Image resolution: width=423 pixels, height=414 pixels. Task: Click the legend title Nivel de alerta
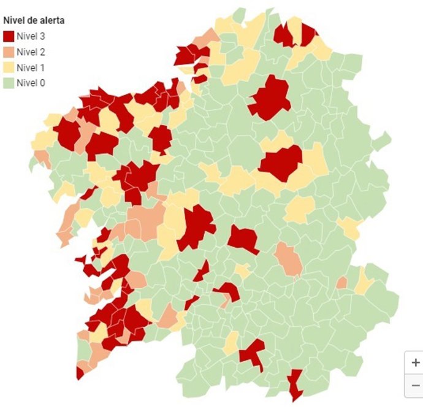34,20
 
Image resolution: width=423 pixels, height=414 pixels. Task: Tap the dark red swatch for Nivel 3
9,36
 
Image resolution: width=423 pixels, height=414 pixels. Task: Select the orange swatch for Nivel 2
9,52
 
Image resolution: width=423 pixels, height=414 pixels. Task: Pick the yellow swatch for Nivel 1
9,67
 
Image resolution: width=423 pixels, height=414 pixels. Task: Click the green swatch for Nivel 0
9,82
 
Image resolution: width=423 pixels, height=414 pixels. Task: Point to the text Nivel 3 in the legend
31,36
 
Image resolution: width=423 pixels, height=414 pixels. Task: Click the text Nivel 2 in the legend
31,52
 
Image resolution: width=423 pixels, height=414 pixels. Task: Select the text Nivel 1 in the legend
31,67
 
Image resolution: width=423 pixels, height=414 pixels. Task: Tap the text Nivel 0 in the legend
31,82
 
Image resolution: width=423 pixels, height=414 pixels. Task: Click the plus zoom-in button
415,362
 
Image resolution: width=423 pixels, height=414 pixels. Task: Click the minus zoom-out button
415,385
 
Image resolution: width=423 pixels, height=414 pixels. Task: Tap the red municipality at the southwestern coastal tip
80,373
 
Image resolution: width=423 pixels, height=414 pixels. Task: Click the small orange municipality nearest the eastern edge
341,282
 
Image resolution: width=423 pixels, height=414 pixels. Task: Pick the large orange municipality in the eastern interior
288,259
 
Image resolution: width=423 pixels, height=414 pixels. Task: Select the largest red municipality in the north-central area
270,98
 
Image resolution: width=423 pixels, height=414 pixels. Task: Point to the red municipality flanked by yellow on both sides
281,163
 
